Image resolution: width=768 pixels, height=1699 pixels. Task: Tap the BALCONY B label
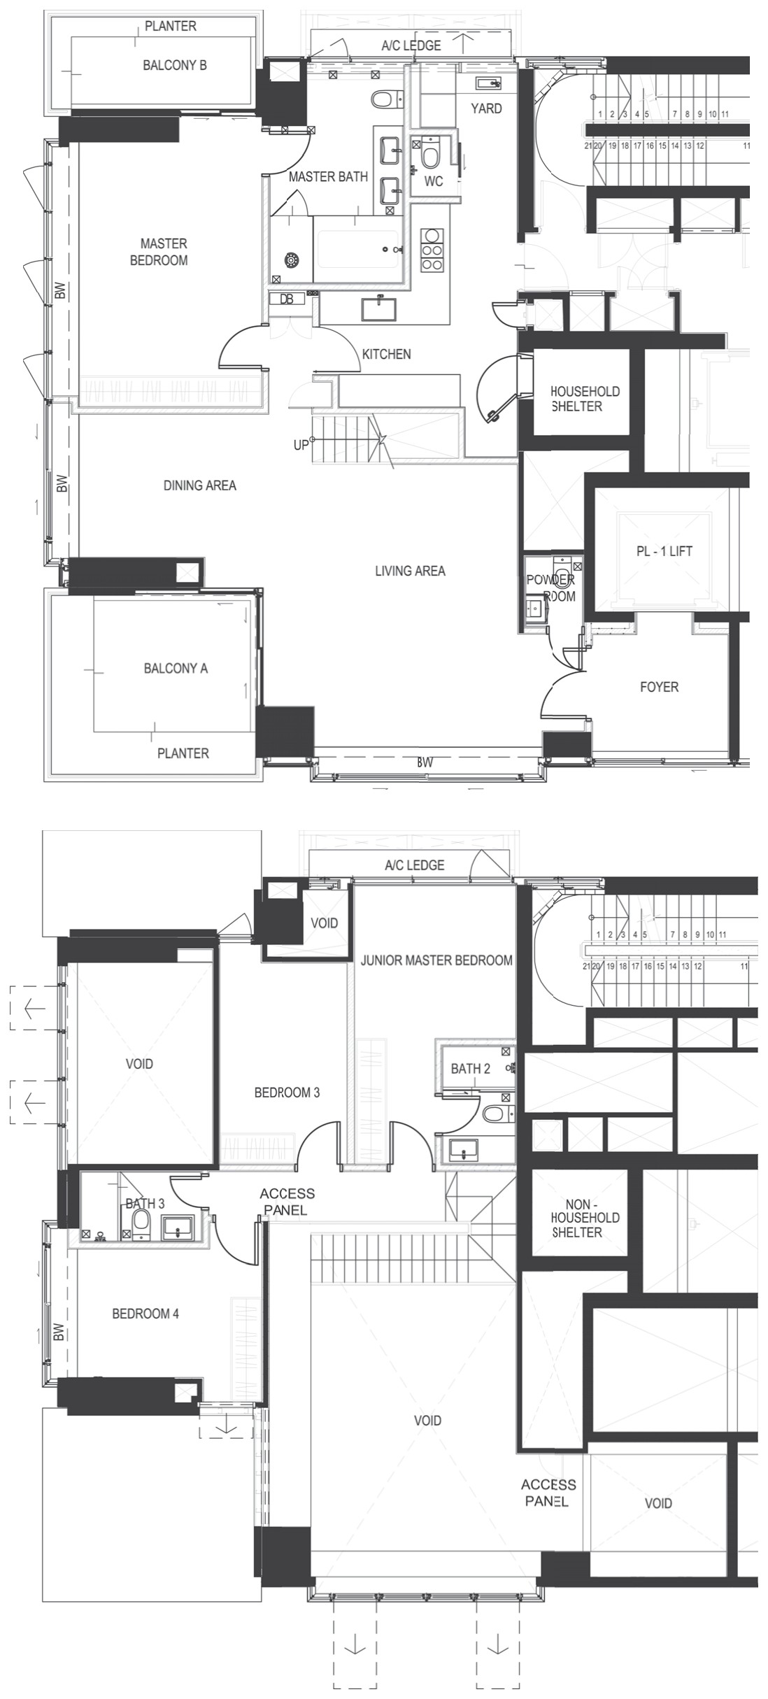(175, 65)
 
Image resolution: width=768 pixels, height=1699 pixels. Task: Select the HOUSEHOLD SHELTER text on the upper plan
(585, 399)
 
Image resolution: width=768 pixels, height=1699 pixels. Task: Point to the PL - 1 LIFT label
(664, 551)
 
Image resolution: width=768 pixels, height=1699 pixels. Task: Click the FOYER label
(659, 687)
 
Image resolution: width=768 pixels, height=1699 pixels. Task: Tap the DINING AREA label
(200, 485)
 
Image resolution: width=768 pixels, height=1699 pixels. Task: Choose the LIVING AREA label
(410, 571)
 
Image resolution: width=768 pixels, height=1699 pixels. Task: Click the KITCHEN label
(386, 354)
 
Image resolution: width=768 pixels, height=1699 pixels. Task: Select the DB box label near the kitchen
(287, 299)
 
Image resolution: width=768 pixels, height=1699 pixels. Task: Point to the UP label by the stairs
(301, 445)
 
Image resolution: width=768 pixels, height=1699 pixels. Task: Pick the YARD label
(486, 108)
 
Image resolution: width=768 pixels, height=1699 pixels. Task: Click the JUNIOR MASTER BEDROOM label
(436, 960)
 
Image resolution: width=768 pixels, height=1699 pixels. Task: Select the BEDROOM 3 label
(287, 1092)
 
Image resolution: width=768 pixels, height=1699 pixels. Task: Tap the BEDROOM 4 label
(145, 1314)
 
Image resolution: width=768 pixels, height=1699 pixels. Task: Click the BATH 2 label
(471, 1068)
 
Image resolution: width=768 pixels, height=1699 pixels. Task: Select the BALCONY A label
(176, 668)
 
